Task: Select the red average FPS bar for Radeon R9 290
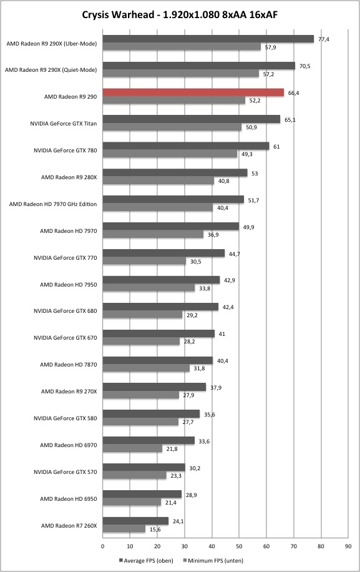[x=193, y=92]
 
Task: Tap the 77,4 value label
[x=324, y=39]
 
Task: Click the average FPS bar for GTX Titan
[x=192, y=119]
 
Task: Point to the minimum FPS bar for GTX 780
[x=170, y=154]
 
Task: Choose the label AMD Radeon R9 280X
[x=69, y=177]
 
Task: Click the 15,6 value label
[x=155, y=530]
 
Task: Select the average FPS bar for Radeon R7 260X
[x=135, y=521]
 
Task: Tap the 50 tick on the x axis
[x=239, y=546]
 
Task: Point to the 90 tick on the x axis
[x=348, y=546]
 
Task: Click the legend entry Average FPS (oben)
[x=146, y=560]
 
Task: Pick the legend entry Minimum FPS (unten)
[x=213, y=560]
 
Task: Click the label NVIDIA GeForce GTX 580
[x=66, y=418]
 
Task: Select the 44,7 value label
[x=235, y=254]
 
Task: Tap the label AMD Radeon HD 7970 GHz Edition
[x=53, y=204]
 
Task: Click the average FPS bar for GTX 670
[x=158, y=334]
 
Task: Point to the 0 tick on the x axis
[x=103, y=546]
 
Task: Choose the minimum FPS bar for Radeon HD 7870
[x=146, y=368]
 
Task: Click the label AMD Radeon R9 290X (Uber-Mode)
[x=52, y=44]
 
